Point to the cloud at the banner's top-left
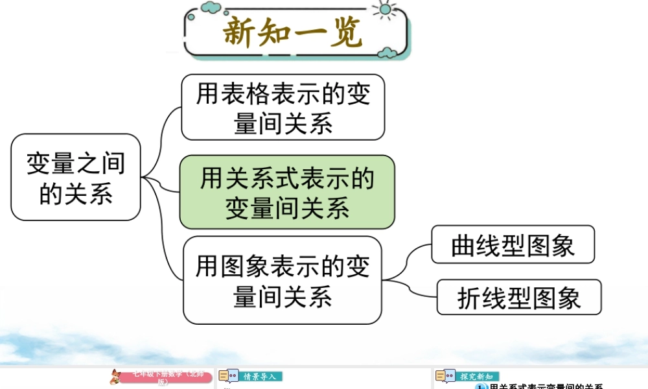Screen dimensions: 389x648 coord(211,7)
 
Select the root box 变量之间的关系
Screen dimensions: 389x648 coord(76,177)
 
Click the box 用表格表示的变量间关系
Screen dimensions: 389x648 coord(283,107)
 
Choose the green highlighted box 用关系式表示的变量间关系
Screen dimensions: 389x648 coord(287,192)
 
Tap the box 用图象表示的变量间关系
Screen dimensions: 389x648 coord(283,280)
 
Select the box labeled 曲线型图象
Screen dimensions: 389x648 coord(513,244)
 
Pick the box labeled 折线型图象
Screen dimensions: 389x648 coord(519,297)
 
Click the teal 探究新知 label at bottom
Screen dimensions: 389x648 coord(477,376)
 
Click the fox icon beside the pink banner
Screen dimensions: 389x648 coord(116,377)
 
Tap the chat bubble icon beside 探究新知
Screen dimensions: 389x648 coord(445,376)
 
